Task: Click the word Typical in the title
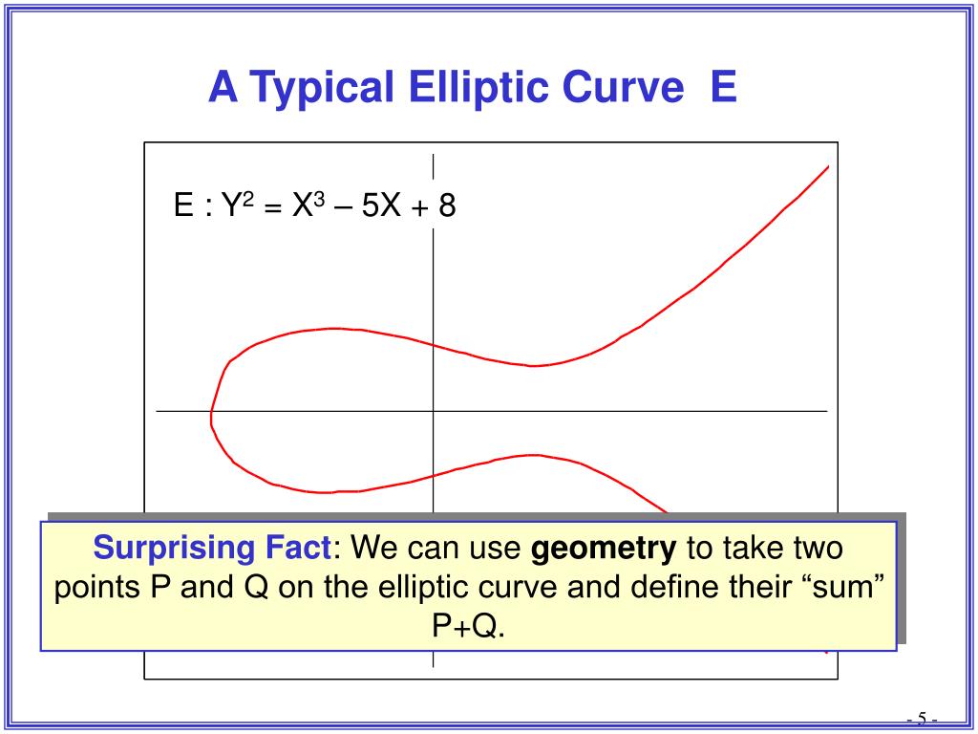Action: pos(323,87)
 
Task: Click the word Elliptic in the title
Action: pos(478,86)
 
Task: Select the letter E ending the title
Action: pos(724,86)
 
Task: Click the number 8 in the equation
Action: pos(447,205)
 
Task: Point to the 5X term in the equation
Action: pos(381,205)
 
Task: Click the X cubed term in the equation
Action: pos(308,205)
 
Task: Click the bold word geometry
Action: pos(604,549)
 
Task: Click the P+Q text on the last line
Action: pos(468,627)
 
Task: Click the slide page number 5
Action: pos(922,717)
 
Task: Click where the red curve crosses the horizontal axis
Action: pos(211,411)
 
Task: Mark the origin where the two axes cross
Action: pos(434,411)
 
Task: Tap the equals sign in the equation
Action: pos(271,206)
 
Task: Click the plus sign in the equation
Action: pos(419,206)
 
